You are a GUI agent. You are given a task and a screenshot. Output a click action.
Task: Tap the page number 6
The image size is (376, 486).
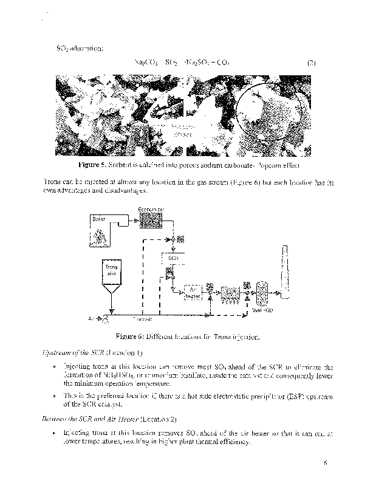point(326,463)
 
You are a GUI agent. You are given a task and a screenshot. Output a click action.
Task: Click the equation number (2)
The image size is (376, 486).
point(312,63)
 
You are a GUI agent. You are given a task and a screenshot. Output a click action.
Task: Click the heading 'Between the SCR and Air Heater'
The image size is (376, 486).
point(90,419)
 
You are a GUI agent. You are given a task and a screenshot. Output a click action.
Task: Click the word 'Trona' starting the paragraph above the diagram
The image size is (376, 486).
point(53,182)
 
